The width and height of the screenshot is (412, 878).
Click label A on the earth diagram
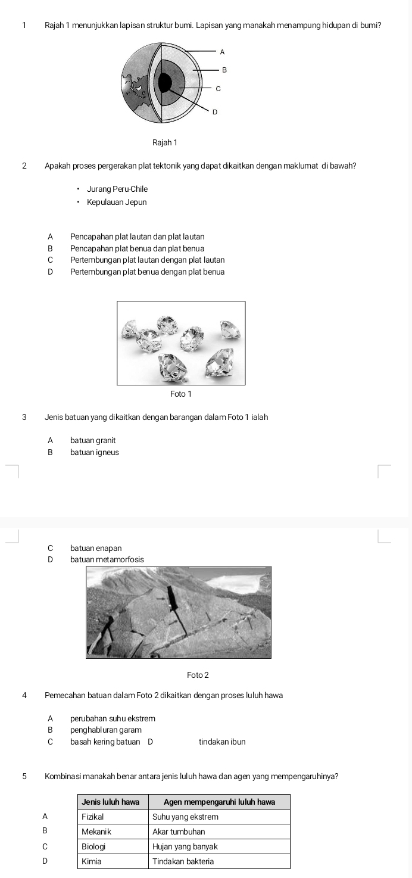(x=222, y=52)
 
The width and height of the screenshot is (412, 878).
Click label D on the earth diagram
(x=214, y=111)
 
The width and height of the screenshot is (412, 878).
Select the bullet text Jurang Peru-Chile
(x=117, y=189)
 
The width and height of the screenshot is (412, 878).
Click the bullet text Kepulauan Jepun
(x=117, y=202)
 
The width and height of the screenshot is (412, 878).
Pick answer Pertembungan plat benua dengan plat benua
(x=147, y=272)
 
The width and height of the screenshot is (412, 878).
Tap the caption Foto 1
(x=181, y=394)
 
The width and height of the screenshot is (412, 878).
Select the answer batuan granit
(x=93, y=440)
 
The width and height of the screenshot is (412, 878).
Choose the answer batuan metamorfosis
(x=107, y=559)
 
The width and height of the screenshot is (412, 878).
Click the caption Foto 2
(x=198, y=675)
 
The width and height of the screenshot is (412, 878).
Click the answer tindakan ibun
(x=222, y=742)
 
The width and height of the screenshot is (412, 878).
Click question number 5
(x=24, y=776)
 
